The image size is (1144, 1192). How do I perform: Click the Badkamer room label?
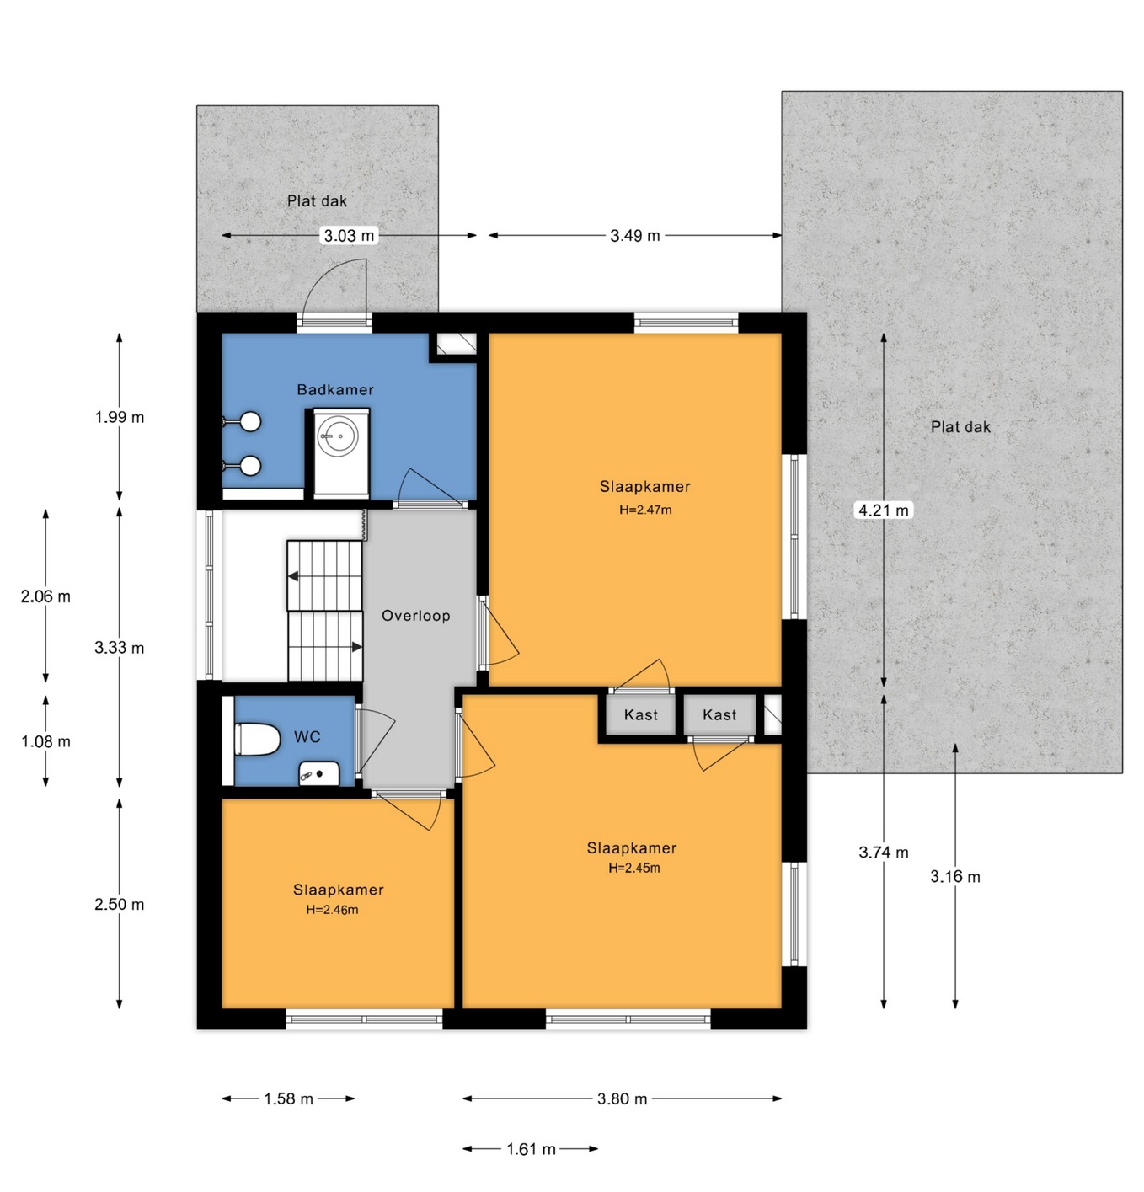(335, 389)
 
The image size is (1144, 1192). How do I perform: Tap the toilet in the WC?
(257, 740)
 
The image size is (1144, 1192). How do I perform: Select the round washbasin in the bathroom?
(339, 436)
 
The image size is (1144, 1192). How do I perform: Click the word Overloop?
(416, 616)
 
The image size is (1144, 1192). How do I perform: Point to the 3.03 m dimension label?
(349, 235)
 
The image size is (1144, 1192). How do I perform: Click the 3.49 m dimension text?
(635, 235)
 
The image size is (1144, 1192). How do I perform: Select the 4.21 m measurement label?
(883, 510)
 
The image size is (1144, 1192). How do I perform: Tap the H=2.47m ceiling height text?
(645, 510)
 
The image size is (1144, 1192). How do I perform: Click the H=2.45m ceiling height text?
(633, 868)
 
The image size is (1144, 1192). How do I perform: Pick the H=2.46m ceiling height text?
(332, 910)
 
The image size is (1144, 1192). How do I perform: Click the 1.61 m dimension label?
(531, 1149)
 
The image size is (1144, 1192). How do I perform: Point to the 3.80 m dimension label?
(623, 1098)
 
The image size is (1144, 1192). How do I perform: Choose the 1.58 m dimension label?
(288, 1098)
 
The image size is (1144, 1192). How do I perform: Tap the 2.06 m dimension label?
(46, 596)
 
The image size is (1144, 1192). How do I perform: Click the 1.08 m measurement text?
(46, 742)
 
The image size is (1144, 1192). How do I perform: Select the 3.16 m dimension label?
(955, 877)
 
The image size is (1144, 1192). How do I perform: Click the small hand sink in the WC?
(318, 773)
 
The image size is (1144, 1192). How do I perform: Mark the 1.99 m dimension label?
(120, 417)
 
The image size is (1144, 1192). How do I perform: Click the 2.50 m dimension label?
(120, 904)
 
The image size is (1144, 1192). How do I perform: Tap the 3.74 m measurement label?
(883, 852)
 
